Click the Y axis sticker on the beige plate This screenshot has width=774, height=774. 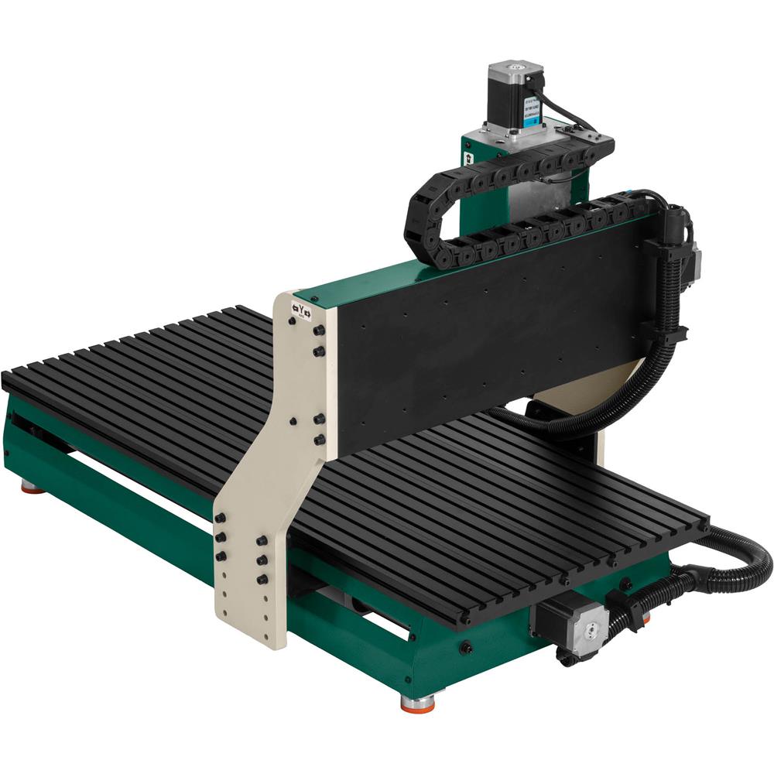pyautogui.click(x=301, y=310)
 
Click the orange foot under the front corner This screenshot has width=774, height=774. pyautogui.click(x=417, y=701)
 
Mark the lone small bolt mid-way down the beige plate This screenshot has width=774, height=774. pyautogui.click(x=293, y=422)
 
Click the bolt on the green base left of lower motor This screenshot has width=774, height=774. pyautogui.click(x=466, y=647)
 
